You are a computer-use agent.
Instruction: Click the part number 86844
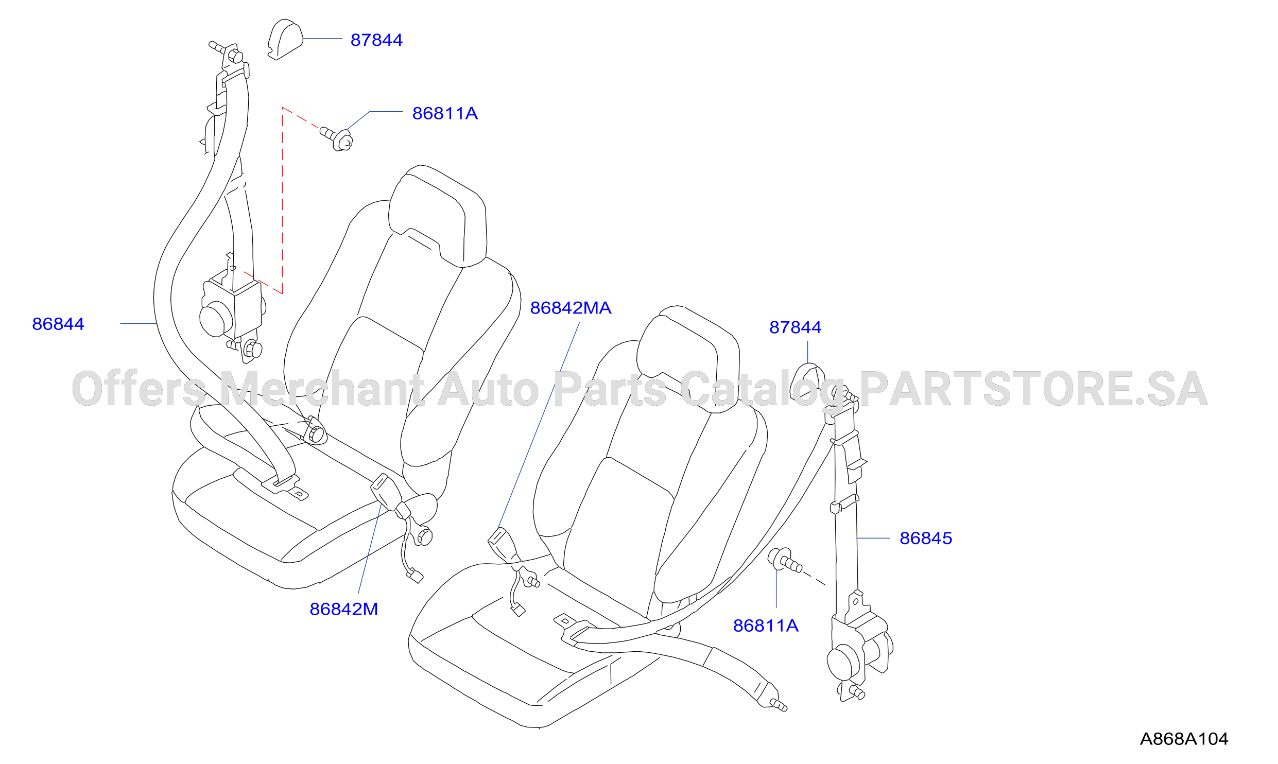[x=58, y=324]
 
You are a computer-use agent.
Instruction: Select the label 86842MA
[x=571, y=308]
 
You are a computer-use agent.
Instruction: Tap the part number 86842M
[x=343, y=609]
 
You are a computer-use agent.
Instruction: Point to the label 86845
[x=926, y=538]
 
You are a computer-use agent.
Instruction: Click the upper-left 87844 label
[x=376, y=40]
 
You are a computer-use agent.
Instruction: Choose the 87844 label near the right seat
[x=795, y=327]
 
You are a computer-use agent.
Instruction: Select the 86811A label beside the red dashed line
[x=445, y=113]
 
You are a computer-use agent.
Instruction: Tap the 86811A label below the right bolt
[x=766, y=626]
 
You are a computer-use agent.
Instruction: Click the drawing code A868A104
[x=1184, y=739]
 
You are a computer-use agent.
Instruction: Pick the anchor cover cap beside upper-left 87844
[x=285, y=39]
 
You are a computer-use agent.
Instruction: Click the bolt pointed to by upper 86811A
[x=337, y=138]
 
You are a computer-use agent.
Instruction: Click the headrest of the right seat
[x=688, y=358]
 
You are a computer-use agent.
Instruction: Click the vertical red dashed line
[x=282, y=201]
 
